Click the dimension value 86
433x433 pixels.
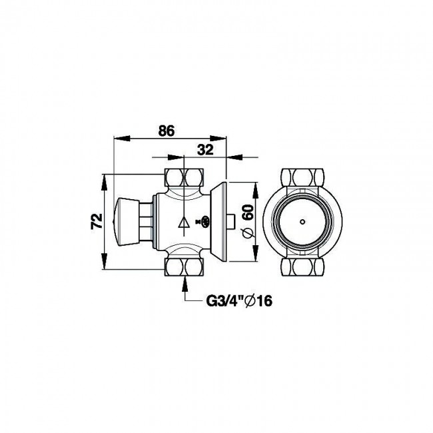pos(167,131)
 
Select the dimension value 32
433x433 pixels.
pos(205,151)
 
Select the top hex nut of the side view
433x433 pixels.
pos(185,178)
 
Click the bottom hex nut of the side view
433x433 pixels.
pos(185,268)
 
